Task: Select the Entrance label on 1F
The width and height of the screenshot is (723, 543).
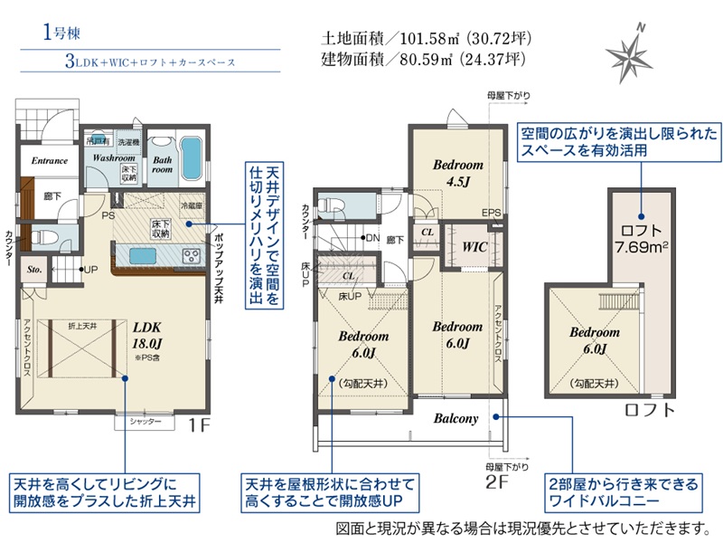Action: pos(50,161)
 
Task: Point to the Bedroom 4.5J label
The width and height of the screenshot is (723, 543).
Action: pos(457,173)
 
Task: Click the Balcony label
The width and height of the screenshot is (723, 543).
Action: pos(455,418)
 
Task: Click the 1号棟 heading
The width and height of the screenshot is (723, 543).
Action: pos(61,33)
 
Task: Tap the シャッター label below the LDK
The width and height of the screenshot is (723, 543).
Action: pos(145,422)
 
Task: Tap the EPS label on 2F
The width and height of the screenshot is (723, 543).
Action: pos(491,213)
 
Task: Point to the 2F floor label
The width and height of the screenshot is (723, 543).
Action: pos(496,481)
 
